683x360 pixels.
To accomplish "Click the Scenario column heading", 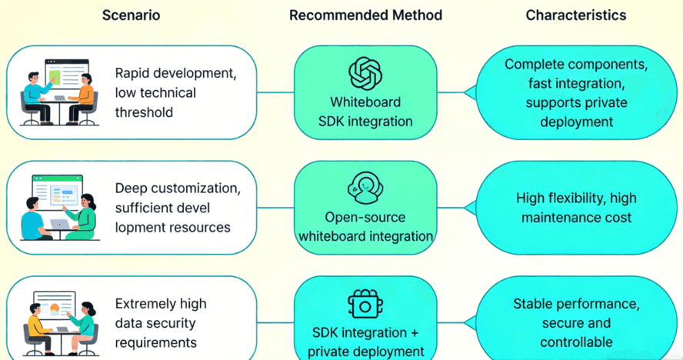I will click(131, 15).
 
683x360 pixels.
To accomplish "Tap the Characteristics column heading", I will click(575, 15).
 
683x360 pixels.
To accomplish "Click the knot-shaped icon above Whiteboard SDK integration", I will click(365, 73).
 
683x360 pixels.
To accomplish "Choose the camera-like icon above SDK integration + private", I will click(365, 305).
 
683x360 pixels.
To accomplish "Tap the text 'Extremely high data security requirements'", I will click(160, 323).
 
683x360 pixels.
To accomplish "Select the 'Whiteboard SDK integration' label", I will click(365, 112).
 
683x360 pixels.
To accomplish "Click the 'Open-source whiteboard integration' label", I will click(365, 227).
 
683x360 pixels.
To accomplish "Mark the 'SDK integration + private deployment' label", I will click(365, 342).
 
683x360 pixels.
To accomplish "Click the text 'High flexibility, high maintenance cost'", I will click(575, 208).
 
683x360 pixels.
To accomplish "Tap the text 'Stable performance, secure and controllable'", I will click(575, 323).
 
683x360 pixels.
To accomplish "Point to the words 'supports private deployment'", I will click(575, 112).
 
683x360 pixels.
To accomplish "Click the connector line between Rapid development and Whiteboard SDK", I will click(275, 92).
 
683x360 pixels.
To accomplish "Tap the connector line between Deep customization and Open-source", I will click(275, 208).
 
